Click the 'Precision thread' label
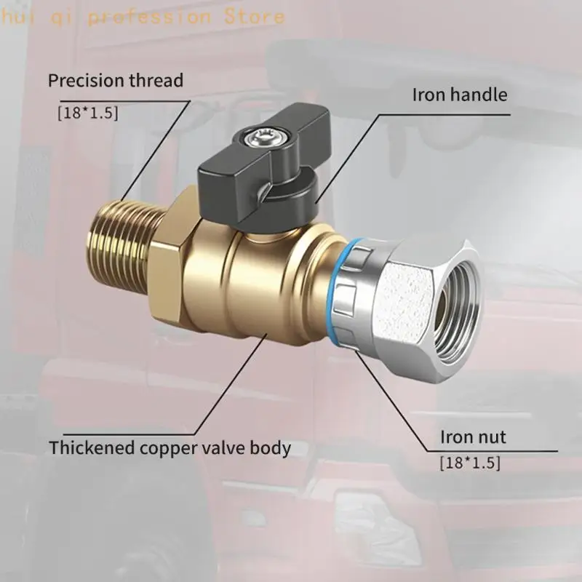(116, 81)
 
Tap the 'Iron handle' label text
(460, 95)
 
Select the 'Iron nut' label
(473, 437)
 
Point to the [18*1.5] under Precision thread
(88, 113)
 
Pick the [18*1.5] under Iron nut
(470, 463)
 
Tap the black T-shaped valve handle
(263, 175)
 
